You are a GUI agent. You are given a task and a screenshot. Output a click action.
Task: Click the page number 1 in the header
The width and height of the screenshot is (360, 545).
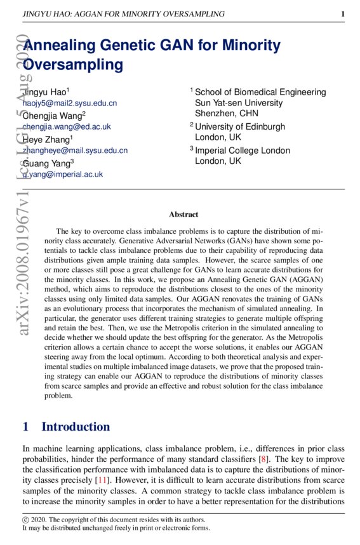click(x=343, y=13)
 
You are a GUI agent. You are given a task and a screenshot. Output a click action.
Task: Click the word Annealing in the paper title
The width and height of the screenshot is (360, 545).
click(x=63, y=46)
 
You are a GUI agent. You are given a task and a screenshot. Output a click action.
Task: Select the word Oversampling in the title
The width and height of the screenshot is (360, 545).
click(x=72, y=64)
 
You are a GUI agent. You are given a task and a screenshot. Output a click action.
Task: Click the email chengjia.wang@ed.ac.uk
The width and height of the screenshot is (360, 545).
click(x=67, y=126)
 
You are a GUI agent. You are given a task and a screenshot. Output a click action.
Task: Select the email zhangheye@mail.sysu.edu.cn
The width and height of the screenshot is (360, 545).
click(x=75, y=151)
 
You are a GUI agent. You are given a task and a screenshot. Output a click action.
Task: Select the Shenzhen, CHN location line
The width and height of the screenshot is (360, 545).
click(x=226, y=113)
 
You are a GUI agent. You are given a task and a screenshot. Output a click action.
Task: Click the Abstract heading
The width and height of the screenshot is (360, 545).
click(x=183, y=215)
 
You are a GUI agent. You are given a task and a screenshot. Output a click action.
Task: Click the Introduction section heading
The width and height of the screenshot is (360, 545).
click(x=76, y=426)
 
